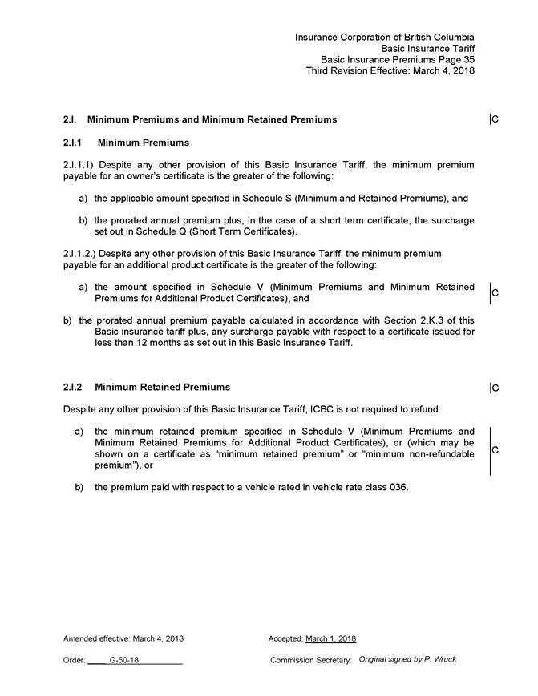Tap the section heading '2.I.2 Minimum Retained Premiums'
pos(146,388)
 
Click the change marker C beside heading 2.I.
pos(496,120)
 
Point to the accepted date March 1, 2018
pos(331,638)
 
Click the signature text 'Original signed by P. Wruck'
pos(408,659)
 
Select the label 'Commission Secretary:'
pos(311,660)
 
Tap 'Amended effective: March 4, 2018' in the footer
pos(123,638)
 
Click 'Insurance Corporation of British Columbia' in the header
pos(384,38)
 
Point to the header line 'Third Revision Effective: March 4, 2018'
pos(390,70)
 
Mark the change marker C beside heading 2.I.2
pos(496,388)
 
